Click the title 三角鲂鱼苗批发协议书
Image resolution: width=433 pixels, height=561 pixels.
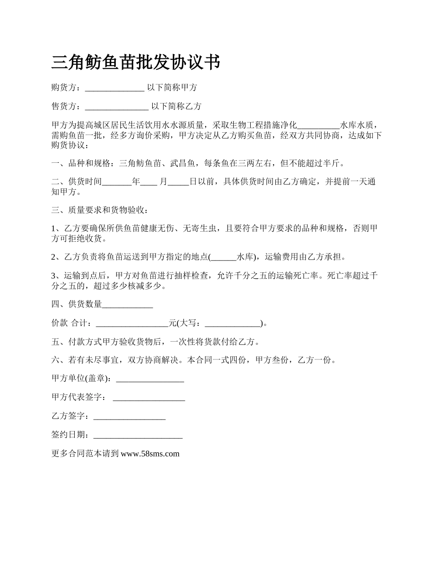tap(136, 62)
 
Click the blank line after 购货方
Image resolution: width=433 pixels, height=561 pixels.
tap(114, 88)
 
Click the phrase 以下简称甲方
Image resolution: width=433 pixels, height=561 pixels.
tap(172, 88)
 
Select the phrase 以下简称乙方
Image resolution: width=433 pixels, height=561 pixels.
tap(176, 107)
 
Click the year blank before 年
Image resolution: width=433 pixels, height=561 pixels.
tap(117, 182)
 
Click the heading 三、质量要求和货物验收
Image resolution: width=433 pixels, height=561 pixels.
tap(99, 210)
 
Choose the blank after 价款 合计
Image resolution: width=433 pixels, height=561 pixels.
tap(132, 323)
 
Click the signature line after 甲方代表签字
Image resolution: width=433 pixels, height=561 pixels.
tap(149, 398)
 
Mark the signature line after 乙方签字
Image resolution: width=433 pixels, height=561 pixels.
tap(129, 416)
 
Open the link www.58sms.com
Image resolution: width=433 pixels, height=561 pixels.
tap(150, 454)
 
